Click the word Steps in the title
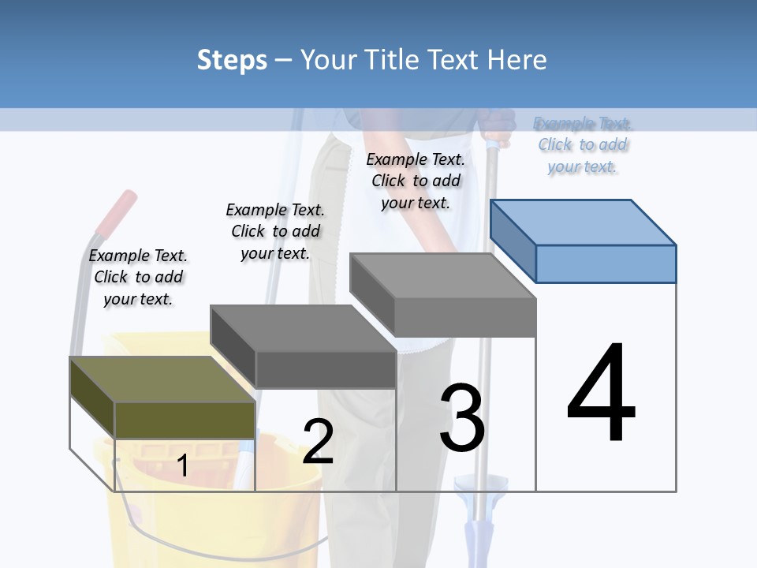coord(232,60)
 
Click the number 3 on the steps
coord(462,417)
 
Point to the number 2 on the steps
coord(318,442)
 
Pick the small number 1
coord(182,466)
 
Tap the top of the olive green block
coord(162,379)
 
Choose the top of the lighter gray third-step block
coord(442,276)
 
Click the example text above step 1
coord(138,277)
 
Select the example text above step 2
coord(275,231)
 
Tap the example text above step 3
coord(416,181)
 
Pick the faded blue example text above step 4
coord(583,144)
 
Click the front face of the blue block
coord(606,263)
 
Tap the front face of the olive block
coord(185,420)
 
